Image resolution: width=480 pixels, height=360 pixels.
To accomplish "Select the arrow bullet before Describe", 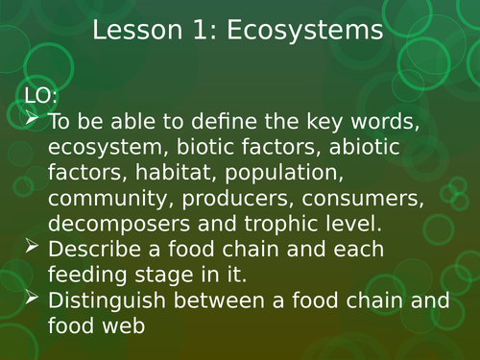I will pos(31,248).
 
